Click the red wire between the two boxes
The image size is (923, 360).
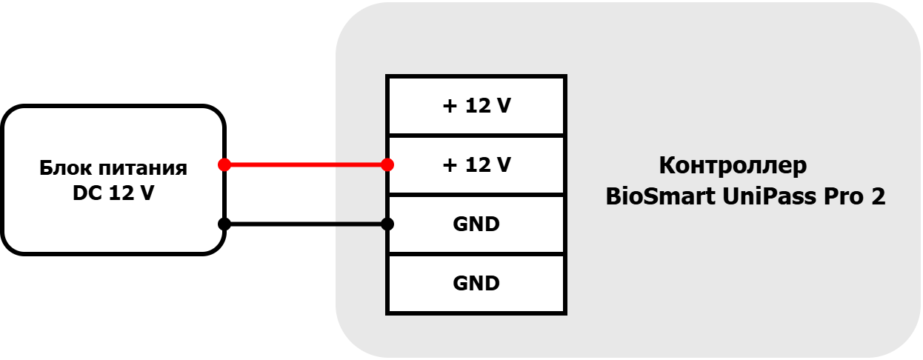click(306, 164)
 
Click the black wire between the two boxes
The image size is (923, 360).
click(306, 224)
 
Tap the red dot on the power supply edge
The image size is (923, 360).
click(224, 164)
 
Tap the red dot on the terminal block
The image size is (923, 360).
click(387, 164)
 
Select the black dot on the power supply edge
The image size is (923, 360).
click(224, 224)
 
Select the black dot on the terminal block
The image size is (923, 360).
click(387, 224)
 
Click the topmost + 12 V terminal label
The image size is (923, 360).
click(477, 106)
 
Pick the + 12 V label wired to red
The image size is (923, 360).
click(477, 165)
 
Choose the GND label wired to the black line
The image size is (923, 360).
click(476, 224)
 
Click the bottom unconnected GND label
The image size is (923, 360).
click(476, 284)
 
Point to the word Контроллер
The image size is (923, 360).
click(733, 166)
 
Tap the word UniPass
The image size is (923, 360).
click(769, 196)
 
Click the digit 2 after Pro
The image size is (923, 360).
click(878, 196)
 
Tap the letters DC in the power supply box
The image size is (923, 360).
click(87, 193)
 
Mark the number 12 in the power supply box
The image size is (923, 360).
click(120, 193)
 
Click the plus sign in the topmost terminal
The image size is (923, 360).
click(450, 106)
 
